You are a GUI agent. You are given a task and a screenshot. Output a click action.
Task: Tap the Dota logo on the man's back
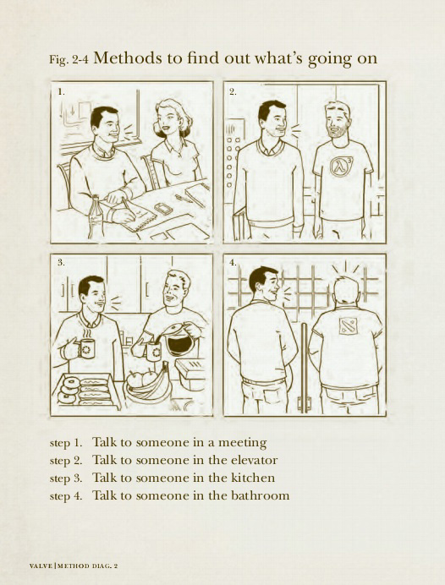tap(348, 325)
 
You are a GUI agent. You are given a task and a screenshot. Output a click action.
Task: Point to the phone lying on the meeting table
tap(163, 208)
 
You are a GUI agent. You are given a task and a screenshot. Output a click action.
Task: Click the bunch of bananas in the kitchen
tap(150, 385)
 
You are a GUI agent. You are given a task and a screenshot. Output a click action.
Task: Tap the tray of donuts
tap(85, 391)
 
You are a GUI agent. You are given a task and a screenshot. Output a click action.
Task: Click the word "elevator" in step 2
tap(255, 460)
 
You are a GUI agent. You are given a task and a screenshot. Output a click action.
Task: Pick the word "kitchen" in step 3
tap(253, 478)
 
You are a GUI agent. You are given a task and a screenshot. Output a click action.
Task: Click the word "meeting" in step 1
tap(242, 443)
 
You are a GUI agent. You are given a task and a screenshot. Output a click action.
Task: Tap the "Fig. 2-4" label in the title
tap(69, 60)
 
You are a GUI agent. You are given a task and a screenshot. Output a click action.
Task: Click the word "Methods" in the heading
tap(128, 58)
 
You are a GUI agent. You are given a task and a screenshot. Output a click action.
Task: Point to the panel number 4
tap(233, 263)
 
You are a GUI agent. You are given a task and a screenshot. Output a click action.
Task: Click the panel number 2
tap(233, 92)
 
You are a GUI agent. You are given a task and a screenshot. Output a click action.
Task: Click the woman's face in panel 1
tap(168, 118)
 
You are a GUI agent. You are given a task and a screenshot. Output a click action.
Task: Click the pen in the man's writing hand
tap(129, 208)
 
